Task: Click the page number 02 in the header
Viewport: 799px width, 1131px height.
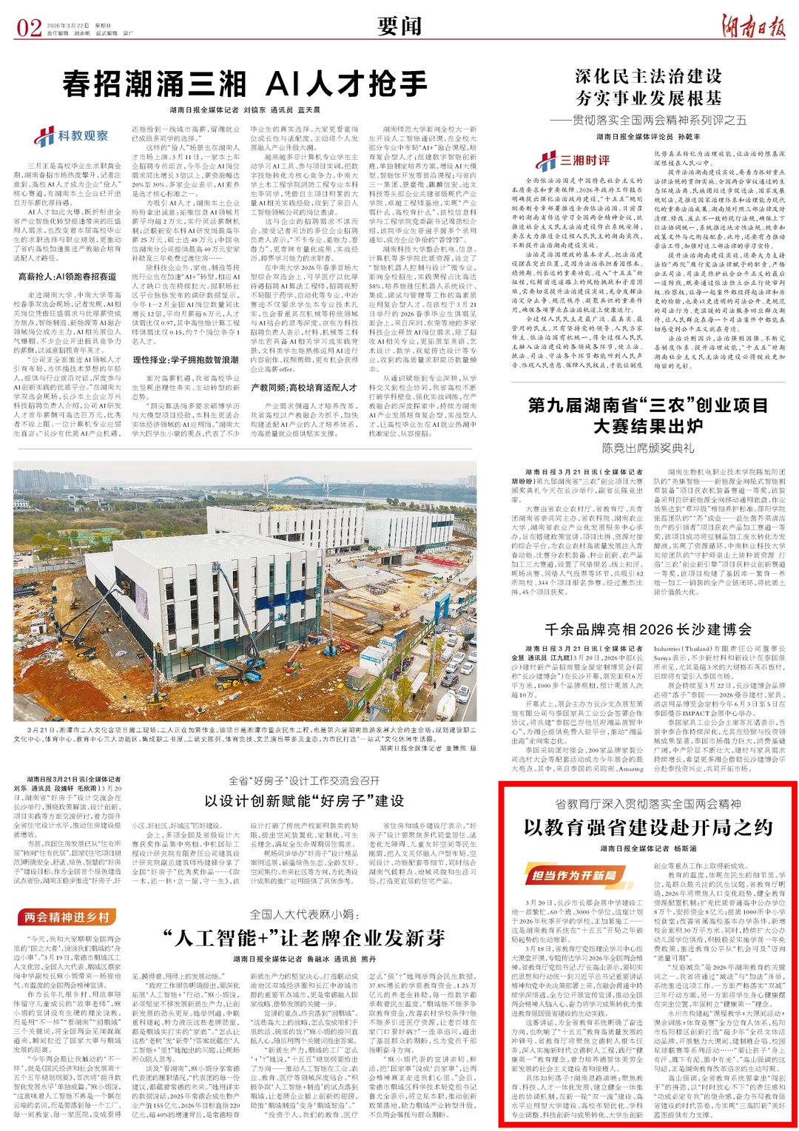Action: click(x=29, y=28)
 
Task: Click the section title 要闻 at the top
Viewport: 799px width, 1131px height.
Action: click(x=399, y=27)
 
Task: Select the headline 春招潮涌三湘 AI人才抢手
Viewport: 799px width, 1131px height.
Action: click(x=245, y=84)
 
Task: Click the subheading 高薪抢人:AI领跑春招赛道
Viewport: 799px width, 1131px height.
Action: click(x=67, y=277)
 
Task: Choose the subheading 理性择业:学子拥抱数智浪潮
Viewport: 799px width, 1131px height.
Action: click(x=186, y=359)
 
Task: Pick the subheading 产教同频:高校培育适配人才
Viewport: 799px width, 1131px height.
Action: click(x=303, y=387)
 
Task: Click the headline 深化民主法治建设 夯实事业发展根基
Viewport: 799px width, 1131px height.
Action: click(x=648, y=87)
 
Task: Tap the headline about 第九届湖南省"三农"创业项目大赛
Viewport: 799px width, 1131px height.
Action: click(x=648, y=416)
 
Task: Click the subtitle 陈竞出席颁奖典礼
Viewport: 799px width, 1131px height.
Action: click(x=648, y=448)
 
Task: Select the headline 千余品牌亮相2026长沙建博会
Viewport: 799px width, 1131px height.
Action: click(x=648, y=629)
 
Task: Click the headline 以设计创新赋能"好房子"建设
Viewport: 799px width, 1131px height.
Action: click(x=304, y=800)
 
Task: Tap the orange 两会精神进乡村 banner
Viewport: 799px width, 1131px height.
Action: click(x=67, y=916)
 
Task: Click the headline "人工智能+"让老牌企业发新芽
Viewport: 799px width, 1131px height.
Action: click(x=304, y=938)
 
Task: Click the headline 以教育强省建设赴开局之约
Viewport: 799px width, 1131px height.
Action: click(x=648, y=827)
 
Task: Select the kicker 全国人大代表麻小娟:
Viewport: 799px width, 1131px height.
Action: click(x=304, y=914)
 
